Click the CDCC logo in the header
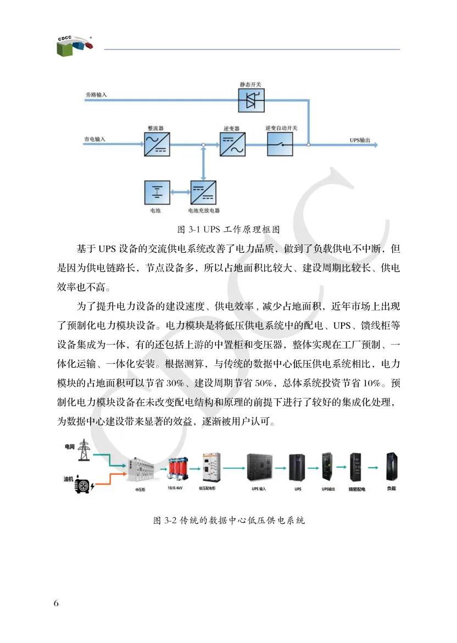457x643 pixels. click(x=73, y=46)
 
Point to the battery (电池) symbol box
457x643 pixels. click(x=157, y=193)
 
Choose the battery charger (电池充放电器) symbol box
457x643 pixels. click(x=203, y=193)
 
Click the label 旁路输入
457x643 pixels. click(x=96, y=95)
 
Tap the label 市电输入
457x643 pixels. click(x=94, y=140)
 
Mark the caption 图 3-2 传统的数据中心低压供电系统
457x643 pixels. click(x=228, y=520)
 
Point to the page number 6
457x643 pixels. click(x=56, y=603)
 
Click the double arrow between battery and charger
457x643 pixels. click(x=180, y=193)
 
